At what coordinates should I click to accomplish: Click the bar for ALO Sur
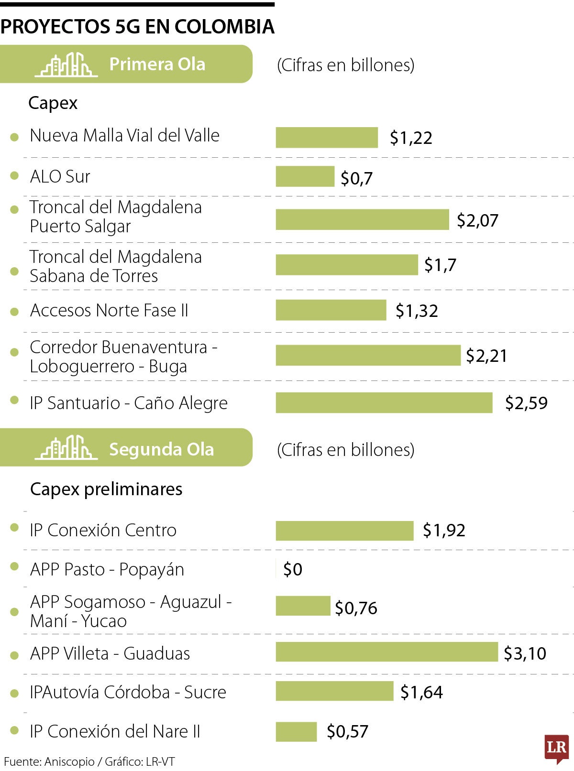305,176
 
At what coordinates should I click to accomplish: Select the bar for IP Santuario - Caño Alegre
384,402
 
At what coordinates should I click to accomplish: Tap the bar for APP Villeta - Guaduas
386,652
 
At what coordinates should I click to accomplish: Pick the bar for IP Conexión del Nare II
296,731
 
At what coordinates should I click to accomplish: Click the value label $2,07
477,220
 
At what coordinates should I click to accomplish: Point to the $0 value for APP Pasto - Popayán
292,569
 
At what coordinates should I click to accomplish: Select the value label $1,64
421,692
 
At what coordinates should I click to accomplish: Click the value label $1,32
417,311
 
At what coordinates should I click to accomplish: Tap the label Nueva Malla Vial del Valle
124,136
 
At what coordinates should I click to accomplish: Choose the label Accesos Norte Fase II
109,311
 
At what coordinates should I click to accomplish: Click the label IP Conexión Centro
103,530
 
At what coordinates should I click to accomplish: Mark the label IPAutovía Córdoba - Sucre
128,692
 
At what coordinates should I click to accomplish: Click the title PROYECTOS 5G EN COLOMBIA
137,27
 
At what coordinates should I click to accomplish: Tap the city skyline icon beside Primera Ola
66,65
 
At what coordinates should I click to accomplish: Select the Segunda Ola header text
161,449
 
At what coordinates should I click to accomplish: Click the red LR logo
556,748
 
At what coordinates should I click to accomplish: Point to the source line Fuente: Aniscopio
89,761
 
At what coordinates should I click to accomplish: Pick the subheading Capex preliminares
106,489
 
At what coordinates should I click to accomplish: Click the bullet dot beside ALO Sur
14,176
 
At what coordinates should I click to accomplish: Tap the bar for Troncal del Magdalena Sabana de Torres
346,265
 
